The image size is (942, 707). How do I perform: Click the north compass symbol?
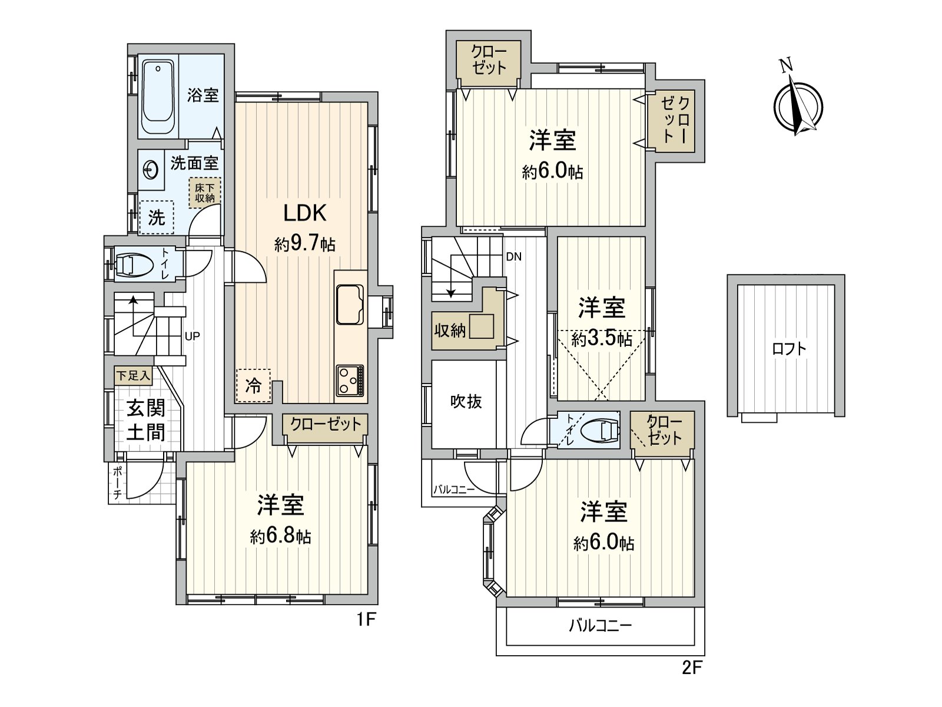[798, 107]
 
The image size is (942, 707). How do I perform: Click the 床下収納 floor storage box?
[205, 193]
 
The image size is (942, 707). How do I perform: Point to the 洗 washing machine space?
[157, 217]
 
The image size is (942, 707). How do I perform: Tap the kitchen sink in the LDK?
[350, 304]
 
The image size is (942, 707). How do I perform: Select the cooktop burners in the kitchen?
[350, 381]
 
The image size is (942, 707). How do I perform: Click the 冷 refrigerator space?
[253, 386]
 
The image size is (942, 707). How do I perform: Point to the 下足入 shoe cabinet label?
[133, 375]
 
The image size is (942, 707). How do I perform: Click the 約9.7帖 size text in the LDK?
[304, 243]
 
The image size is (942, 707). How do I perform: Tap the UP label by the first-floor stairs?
[193, 336]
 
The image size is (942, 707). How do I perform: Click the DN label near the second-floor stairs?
[513, 257]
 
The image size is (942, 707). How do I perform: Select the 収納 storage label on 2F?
[450, 331]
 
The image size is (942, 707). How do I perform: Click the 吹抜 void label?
[466, 402]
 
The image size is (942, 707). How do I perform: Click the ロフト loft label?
[789, 348]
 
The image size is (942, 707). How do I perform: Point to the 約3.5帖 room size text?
[602, 339]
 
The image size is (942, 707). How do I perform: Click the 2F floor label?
[692, 668]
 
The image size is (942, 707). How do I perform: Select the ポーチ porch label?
[118, 483]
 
